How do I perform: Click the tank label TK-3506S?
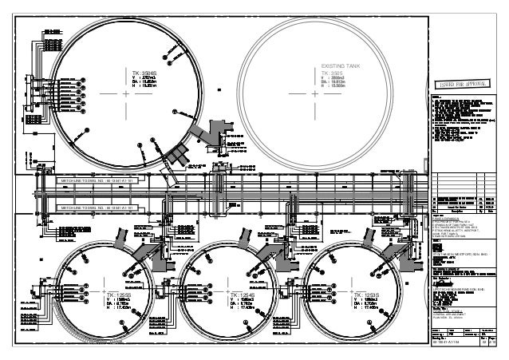coord(148,73)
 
